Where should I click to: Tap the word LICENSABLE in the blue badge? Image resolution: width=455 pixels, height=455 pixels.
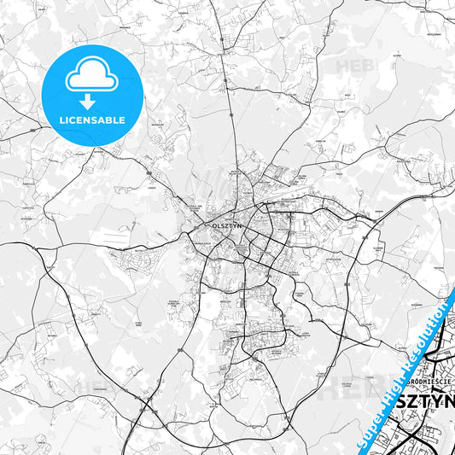(92, 120)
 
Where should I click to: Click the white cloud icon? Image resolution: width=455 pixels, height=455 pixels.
(92, 78)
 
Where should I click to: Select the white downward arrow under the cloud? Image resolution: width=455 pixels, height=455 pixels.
(92, 96)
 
